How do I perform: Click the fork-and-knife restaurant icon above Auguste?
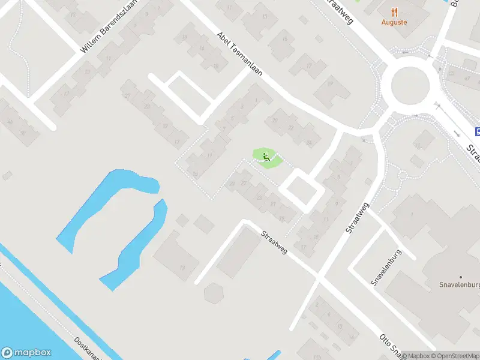[394, 11]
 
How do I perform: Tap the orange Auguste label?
[394, 22]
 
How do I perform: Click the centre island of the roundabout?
[411, 84]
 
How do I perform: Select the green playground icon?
[266, 158]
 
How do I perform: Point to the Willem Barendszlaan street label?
[109, 27]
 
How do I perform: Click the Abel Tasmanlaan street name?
[239, 53]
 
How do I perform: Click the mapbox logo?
[25, 352]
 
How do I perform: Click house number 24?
[309, 142]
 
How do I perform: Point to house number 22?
[291, 127]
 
